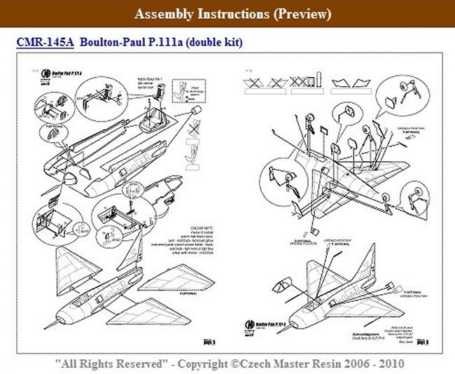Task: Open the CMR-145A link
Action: tap(45, 43)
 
